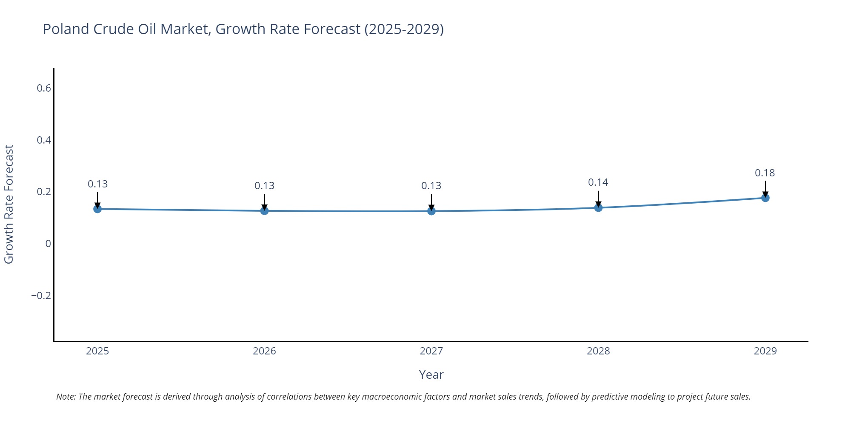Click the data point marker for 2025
pos(97,209)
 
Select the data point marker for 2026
pos(264,210)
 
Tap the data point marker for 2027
pos(431,211)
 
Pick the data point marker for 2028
pos(598,207)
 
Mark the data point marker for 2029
pos(765,198)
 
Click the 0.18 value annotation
pos(765,173)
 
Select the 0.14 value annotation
pos(598,182)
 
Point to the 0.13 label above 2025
pos(97,184)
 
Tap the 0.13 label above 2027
pos(431,186)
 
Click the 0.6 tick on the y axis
pos(43,88)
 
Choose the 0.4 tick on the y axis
pos(43,140)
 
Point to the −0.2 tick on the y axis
pos(41,296)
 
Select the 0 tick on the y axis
pos(48,244)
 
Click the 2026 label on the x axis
pos(264,351)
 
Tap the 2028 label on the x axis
pos(598,351)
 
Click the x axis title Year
pos(431,374)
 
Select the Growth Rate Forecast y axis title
pos(9,204)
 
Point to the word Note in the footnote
pos(65,397)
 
